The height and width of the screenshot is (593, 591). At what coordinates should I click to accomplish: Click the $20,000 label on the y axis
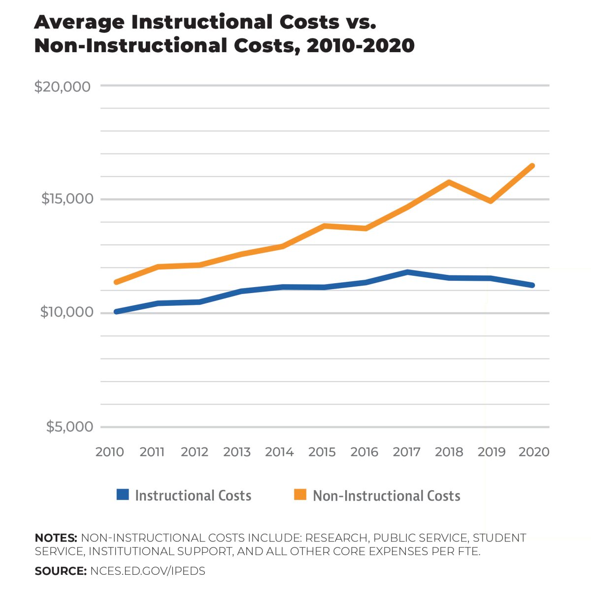click(63, 87)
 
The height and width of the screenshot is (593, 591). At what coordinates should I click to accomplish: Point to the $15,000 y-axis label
click(67, 199)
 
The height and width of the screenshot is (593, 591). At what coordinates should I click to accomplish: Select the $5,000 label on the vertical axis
click(69, 426)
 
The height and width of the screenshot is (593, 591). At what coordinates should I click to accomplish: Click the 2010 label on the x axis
click(109, 452)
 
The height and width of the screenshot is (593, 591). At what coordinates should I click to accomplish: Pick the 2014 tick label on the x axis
click(279, 452)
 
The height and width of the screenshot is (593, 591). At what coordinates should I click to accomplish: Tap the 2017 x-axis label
click(407, 452)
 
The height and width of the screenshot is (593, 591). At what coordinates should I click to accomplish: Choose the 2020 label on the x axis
click(534, 452)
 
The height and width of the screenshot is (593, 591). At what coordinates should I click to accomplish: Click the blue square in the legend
click(123, 495)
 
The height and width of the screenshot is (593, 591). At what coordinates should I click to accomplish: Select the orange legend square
click(300, 495)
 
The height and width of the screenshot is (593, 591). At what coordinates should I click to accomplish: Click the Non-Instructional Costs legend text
click(387, 496)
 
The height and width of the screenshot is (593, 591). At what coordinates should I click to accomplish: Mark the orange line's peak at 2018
click(449, 182)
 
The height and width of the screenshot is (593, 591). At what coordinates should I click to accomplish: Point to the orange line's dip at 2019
click(491, 201)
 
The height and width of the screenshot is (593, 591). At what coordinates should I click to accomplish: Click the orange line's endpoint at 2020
click(532, 166)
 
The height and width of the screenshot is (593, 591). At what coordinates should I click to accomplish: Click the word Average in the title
click(79, 22)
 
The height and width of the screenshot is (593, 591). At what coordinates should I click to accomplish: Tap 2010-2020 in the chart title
click(361, 46)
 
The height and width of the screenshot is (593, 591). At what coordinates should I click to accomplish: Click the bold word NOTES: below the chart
click(56, 538)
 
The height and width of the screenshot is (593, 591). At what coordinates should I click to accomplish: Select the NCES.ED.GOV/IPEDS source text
click(148, 571)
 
